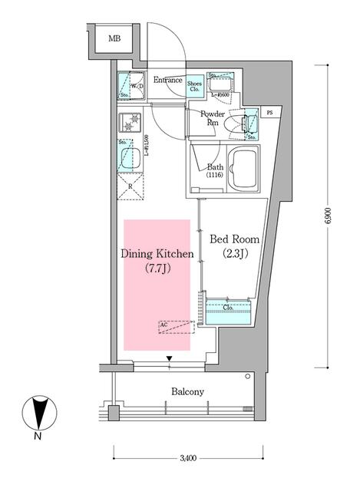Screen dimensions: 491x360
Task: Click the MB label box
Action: (114, 38)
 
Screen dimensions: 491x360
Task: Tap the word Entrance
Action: (167, 80)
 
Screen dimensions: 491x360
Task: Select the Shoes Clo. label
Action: (195, 85)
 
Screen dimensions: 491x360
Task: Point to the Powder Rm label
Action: (212, 118)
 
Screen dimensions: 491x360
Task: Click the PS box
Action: (269, 113)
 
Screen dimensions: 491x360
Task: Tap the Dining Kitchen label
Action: (157, 253)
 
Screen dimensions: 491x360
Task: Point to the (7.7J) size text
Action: (157, 268)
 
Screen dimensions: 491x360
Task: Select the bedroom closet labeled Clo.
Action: (228, 311)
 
